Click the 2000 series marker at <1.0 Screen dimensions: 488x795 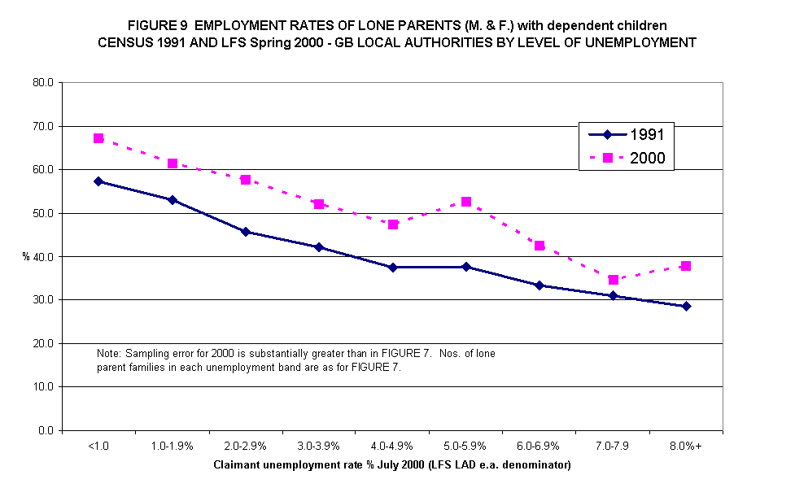(x=98, y=138)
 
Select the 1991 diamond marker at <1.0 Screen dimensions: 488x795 (x=98, y=181)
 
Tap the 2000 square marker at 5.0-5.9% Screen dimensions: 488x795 (x=466, y=202)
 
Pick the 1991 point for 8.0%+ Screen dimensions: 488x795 (x=686, y=307)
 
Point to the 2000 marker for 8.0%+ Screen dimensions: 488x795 (x=686, y=266)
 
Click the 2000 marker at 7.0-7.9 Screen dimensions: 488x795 (x=613, y=280)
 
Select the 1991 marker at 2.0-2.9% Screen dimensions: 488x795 (x=246, y=232)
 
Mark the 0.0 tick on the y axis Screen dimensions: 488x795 (x=46, y=430)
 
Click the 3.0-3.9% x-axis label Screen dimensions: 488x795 (x=319, y=447)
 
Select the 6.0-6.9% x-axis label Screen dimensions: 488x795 (x=539, y=447)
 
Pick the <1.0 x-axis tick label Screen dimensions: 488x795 (x=98, y=447)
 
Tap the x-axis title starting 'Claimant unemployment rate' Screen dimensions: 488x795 (x=392, y=465)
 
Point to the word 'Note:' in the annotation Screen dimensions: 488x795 (x=109, y=354)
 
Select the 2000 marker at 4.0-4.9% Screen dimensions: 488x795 (x=393, y=224)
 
